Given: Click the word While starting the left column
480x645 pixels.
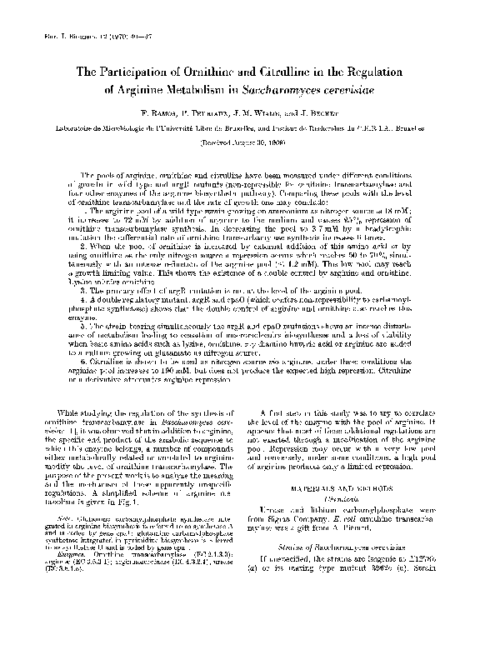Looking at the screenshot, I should pyautogui.click(x=66, y=412).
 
